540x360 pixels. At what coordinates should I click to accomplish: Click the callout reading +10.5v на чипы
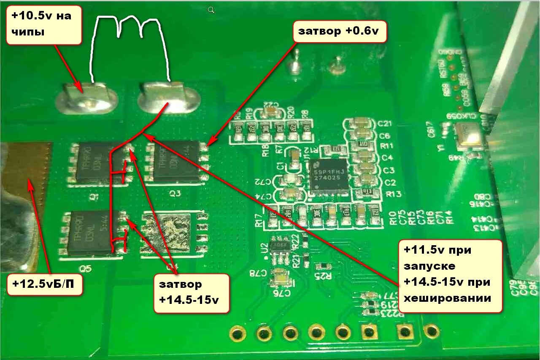(x=43, y=26)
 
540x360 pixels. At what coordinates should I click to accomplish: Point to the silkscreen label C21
(x=386, y=124)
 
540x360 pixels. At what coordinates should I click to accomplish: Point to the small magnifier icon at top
(x=211, y=10)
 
